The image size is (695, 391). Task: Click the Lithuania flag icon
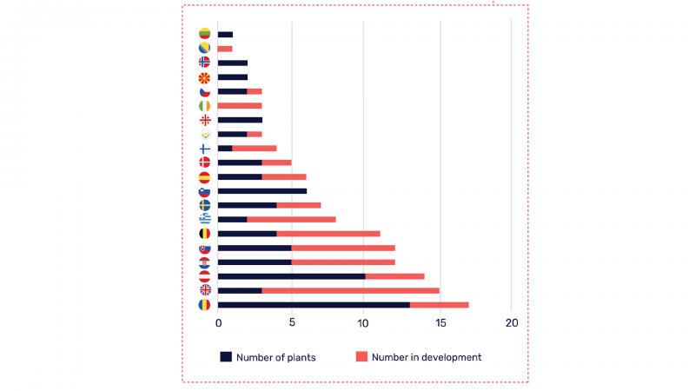click(x=204, y=34)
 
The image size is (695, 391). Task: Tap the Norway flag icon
click(x=204, y=63)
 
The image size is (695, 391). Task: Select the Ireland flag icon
click(x=204, y=105)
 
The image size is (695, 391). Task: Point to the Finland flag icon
click(x=204, y=149)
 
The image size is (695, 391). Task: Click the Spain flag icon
click(x=204, y=176)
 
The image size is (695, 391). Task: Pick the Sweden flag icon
click(x=204, y=205)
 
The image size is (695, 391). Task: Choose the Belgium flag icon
click(x=204, y=234)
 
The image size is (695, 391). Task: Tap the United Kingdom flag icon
click(x=204, y=290)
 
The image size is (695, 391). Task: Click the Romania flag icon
click(x=204, y=305)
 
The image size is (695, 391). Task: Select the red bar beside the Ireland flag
click(x=240, y=105)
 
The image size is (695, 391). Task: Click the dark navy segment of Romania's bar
click(x=314, y=305)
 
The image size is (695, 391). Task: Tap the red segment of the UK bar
click(x=350, y=290)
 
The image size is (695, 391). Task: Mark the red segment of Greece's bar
click(x=291, y=220)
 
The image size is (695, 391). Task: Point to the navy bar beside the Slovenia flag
click(x=261, y=191)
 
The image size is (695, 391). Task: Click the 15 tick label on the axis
click(x=440, y=323)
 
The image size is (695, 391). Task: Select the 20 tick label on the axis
click(x=512, y=323)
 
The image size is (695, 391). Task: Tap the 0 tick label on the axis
click(x=218, y=323)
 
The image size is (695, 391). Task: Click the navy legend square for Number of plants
click(x=226, y=357)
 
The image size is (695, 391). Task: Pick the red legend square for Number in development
click(x=361, y=357)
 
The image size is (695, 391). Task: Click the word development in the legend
click(x=452, y=357)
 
